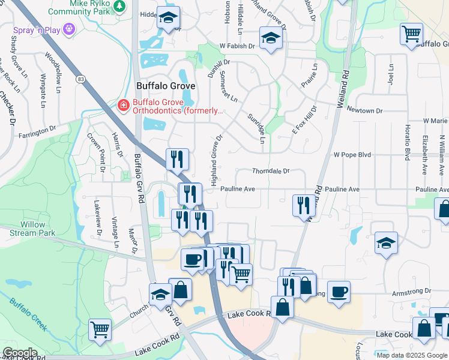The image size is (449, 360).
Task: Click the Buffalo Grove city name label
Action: (x=166, y=86)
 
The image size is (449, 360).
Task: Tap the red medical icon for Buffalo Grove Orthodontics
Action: (x=123, y=106)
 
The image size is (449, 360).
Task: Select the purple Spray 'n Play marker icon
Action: (x=69, y=28)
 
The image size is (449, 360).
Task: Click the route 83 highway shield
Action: (x=80, y=79)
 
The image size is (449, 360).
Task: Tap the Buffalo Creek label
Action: (x=28, y=313)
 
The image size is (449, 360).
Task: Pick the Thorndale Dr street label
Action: (x=271, y=171)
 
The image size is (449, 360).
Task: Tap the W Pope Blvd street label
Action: (x=352, y=155)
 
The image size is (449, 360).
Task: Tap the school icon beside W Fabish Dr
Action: (x=271, y=39)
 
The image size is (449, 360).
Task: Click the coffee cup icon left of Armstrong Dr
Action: (x=338, y=292)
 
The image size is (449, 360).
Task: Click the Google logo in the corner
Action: (x=19, y=353)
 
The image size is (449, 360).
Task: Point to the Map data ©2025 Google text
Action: (x=412, y=355)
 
